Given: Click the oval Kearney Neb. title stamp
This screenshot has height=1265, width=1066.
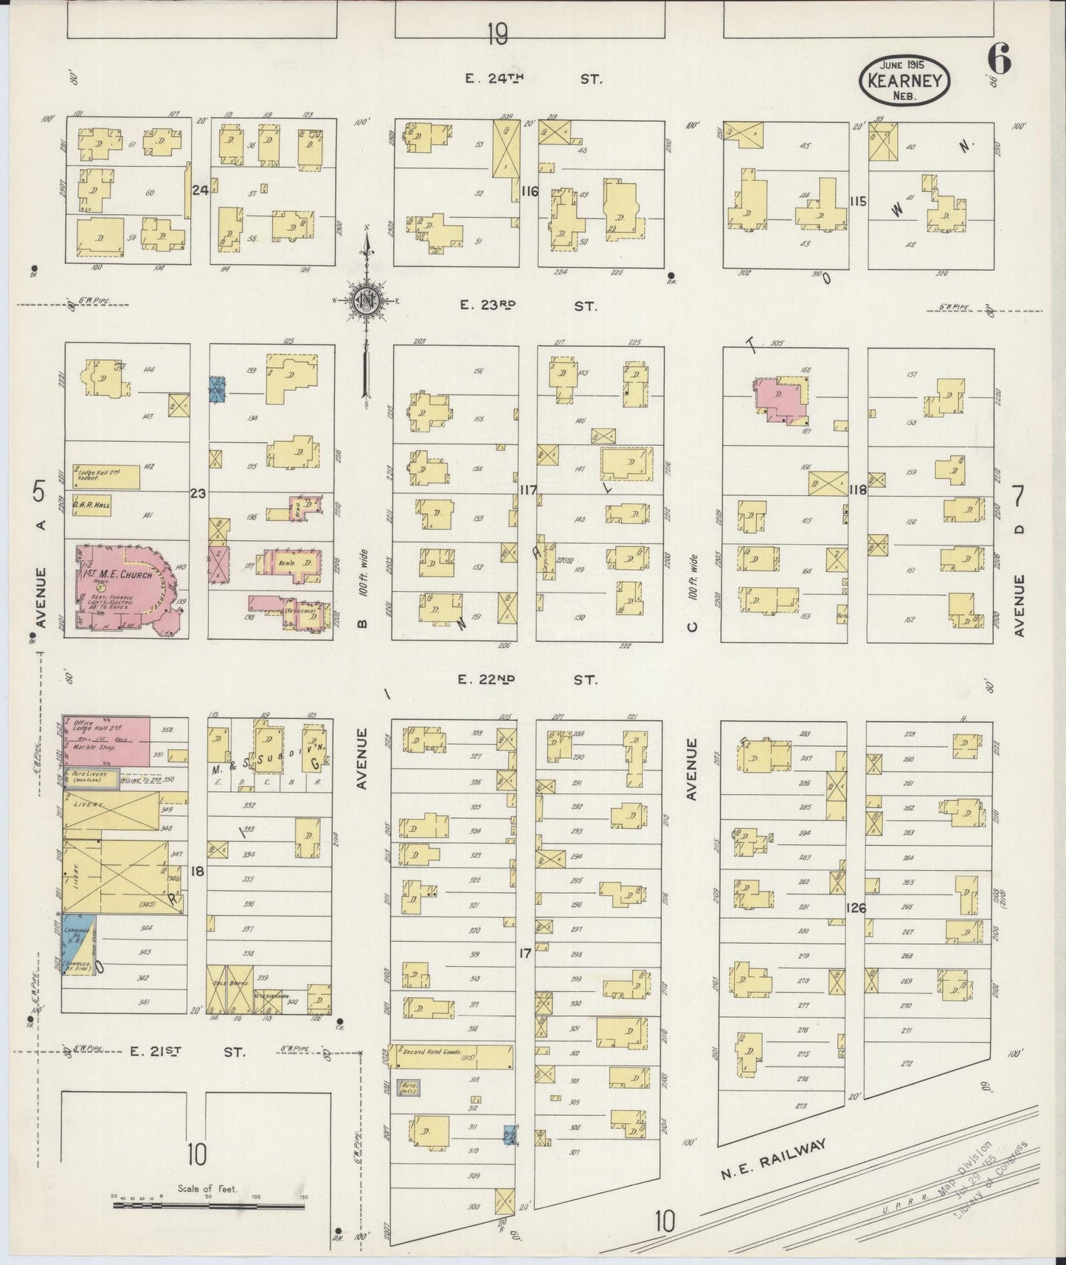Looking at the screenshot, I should (904, 81).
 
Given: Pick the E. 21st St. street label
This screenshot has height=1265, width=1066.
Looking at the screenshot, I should (187, 1051).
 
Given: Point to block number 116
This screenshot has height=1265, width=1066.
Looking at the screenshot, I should (529, 192).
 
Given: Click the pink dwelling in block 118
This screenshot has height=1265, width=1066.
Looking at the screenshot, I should (778, 401).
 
